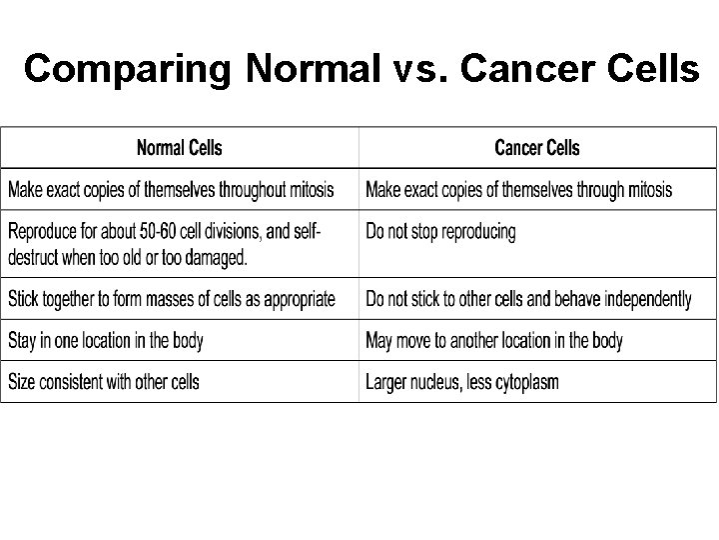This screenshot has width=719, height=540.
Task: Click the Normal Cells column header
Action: [180, 149]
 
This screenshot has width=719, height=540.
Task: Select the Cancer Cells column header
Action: [536, 149]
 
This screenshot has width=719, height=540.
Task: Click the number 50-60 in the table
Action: [156, 232]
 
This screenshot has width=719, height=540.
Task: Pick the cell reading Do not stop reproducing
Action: [440, 232]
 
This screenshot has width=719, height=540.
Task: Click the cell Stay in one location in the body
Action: [106, 341]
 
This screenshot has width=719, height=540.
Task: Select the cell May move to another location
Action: [494, 341]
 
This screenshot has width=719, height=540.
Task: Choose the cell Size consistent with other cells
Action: [104, 382]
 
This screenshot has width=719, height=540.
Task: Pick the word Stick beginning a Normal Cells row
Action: [24, 299]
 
